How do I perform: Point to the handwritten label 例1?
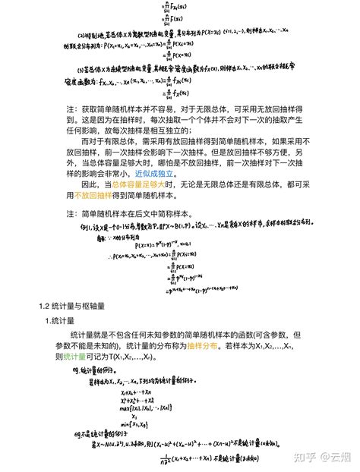point(80,226)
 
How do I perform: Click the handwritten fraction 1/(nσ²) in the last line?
point(166,458)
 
